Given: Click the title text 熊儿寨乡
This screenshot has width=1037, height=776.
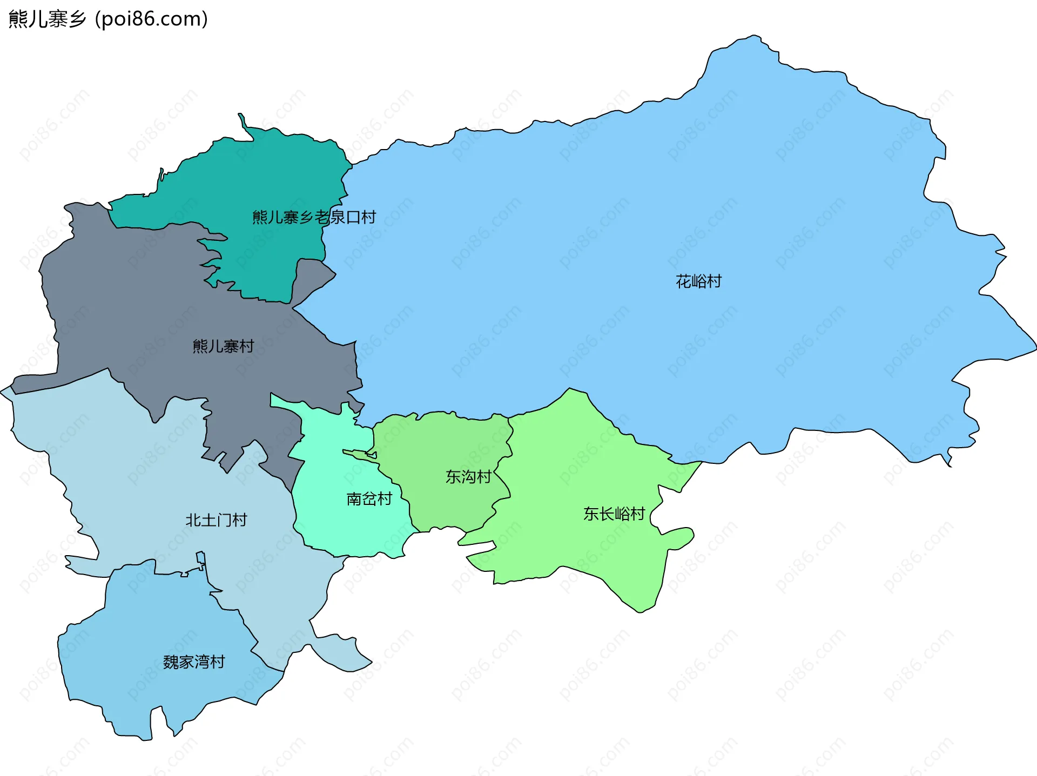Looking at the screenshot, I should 48,19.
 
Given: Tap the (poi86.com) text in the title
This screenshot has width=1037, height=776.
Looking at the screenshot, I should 151,19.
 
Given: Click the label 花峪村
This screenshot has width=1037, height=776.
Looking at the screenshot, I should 698,281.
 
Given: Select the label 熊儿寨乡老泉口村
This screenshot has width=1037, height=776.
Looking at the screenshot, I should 314,217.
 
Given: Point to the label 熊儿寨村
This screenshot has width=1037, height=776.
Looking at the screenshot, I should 223,346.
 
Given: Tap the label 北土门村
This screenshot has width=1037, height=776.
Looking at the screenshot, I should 216,520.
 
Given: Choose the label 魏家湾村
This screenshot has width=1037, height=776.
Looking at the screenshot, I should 194,662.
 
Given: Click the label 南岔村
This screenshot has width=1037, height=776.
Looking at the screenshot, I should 369,498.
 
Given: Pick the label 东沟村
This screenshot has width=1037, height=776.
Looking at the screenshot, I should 468,476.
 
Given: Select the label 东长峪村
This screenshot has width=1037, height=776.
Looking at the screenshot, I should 614,514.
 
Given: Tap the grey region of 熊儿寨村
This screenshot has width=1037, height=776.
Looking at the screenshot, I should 135,302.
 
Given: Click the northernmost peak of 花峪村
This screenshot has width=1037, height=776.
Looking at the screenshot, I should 752,39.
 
